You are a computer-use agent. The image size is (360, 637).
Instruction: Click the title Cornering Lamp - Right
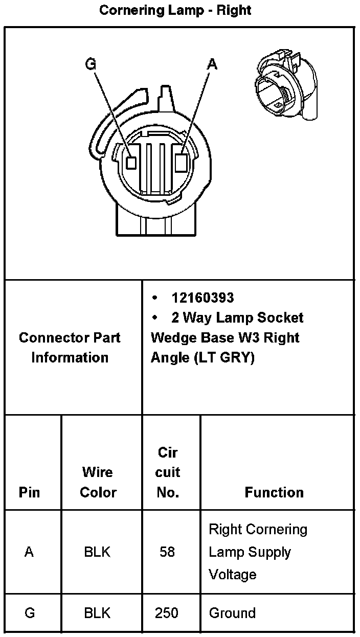175,10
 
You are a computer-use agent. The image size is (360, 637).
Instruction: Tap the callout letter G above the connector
91,64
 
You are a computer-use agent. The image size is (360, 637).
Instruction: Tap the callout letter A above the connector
212,64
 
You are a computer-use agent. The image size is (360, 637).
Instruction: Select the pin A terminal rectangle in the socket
181,163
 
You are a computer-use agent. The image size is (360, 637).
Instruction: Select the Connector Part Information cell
70,348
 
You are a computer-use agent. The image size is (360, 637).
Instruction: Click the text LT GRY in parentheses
223,358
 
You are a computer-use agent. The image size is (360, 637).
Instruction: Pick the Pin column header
29,492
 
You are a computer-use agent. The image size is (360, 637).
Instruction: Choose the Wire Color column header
98,482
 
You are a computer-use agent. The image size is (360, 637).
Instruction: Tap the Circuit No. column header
168,472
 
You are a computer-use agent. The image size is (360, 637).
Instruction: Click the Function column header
274,492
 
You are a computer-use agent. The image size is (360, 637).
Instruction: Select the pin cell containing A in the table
29,552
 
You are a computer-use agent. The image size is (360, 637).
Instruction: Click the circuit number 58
167,552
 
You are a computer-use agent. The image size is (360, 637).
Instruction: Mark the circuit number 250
167,612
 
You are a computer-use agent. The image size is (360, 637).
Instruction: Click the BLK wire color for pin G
97,612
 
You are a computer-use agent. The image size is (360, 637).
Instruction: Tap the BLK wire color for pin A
97,552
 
